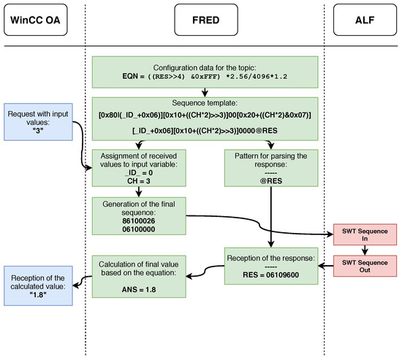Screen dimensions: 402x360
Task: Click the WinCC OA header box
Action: pos(36,20)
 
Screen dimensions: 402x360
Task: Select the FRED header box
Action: pos(206,20)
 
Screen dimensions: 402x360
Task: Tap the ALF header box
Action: pos(365,20)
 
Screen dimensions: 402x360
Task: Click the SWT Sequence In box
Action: pos(365,234)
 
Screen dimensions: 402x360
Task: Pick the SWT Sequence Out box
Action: pos(365,266)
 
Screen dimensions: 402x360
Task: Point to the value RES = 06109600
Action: pos(270,275)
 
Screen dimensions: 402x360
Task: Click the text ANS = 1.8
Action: pos(139,290)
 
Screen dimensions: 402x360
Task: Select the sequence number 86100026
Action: pos(139,221)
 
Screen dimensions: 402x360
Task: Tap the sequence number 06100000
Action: pos(139,229)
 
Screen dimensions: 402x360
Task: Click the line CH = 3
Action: pos(139,181)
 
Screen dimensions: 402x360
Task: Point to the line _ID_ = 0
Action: pos(139,172)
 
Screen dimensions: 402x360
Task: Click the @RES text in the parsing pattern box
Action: pos(271,181)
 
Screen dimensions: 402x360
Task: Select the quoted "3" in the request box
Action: pos(38,131)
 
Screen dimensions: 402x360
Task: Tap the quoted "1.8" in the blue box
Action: pos(38,295)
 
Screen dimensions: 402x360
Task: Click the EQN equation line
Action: pos(205,77)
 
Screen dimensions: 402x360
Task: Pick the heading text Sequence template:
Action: pos(205,103)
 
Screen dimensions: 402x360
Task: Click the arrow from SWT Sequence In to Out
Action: pos(365,250)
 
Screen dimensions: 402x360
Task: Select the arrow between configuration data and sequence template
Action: pos(205,93)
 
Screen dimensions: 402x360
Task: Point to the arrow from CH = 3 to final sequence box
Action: pos(139,191)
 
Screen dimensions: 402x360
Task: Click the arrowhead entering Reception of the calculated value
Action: pos(75,286)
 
